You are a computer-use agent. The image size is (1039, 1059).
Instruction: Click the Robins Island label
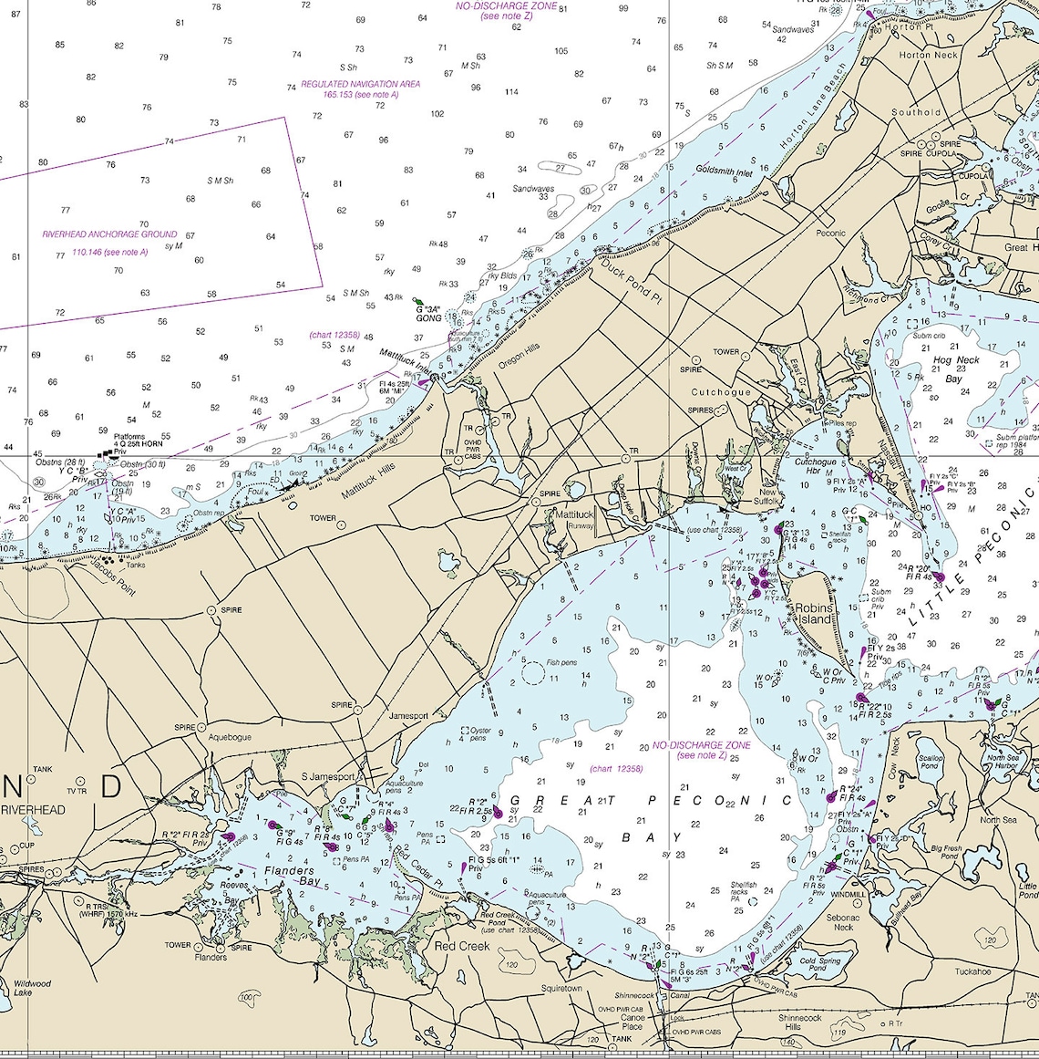(x=814, y=613)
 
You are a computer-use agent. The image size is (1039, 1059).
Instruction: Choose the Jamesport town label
(x=408, y=716)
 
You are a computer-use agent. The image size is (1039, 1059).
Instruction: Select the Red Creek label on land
(x=462, y=946)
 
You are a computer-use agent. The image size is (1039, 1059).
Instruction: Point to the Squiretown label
(x=561, y=988)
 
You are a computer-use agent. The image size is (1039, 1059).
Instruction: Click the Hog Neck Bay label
(x=956, y=369)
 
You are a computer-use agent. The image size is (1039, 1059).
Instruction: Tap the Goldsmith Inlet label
(x=725, y=171)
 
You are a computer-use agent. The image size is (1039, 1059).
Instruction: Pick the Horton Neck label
(x=928, y=55)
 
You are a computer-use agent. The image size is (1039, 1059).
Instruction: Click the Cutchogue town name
(x=721, y=392)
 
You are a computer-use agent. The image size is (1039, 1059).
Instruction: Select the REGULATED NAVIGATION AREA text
(x=361, y=84)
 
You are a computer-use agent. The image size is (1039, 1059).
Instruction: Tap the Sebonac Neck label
(x=843, y=922)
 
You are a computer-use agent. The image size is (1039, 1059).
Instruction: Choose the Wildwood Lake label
(x=33, y=988)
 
